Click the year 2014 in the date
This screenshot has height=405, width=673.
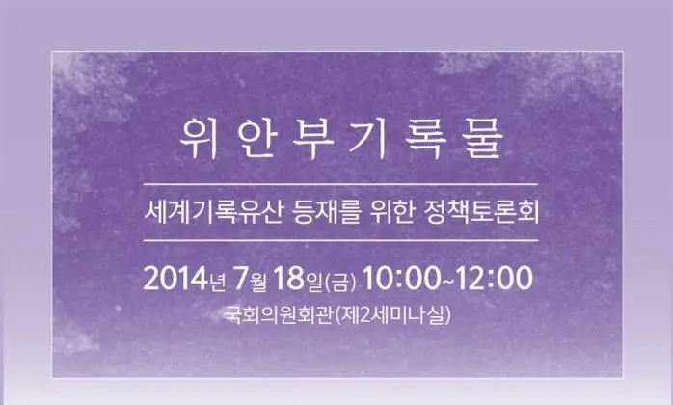175,279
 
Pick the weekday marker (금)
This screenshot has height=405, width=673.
341,281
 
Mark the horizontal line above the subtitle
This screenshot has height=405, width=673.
337,183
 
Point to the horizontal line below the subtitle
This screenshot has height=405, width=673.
337,239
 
